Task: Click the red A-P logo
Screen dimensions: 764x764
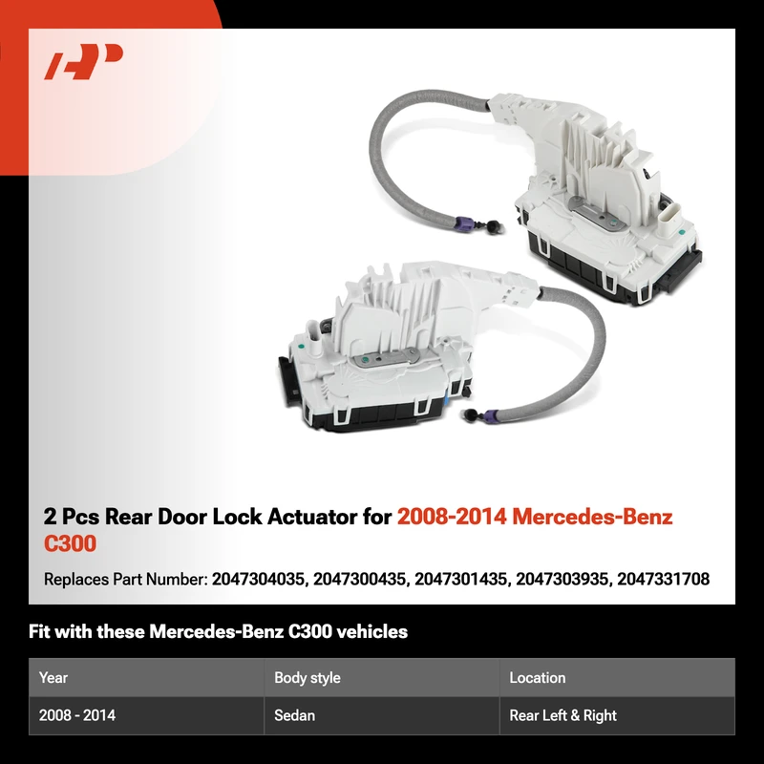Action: click(83, 61)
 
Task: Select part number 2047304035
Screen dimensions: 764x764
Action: click(259, 579)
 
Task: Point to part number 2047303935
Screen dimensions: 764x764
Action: click(562, 579)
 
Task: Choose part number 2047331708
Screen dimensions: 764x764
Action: click(663, 579)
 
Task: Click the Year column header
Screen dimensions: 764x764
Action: click(53, 678)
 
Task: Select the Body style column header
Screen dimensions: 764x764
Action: click(307, 678)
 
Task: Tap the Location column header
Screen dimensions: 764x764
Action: click(538, 678)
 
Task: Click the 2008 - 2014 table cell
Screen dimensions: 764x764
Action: click(77, 715)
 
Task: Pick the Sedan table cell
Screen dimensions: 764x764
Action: click(294, 715)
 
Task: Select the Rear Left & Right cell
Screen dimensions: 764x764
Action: click(562, 715)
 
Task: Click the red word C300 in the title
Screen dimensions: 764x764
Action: click(70, 543)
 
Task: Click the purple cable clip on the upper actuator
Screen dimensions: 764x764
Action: click(464, 223)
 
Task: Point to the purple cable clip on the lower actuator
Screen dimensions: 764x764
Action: click(494, 417)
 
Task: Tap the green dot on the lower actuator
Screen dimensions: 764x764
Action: click(301, 347)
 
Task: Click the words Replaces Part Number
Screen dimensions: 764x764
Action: click(126, 580)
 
